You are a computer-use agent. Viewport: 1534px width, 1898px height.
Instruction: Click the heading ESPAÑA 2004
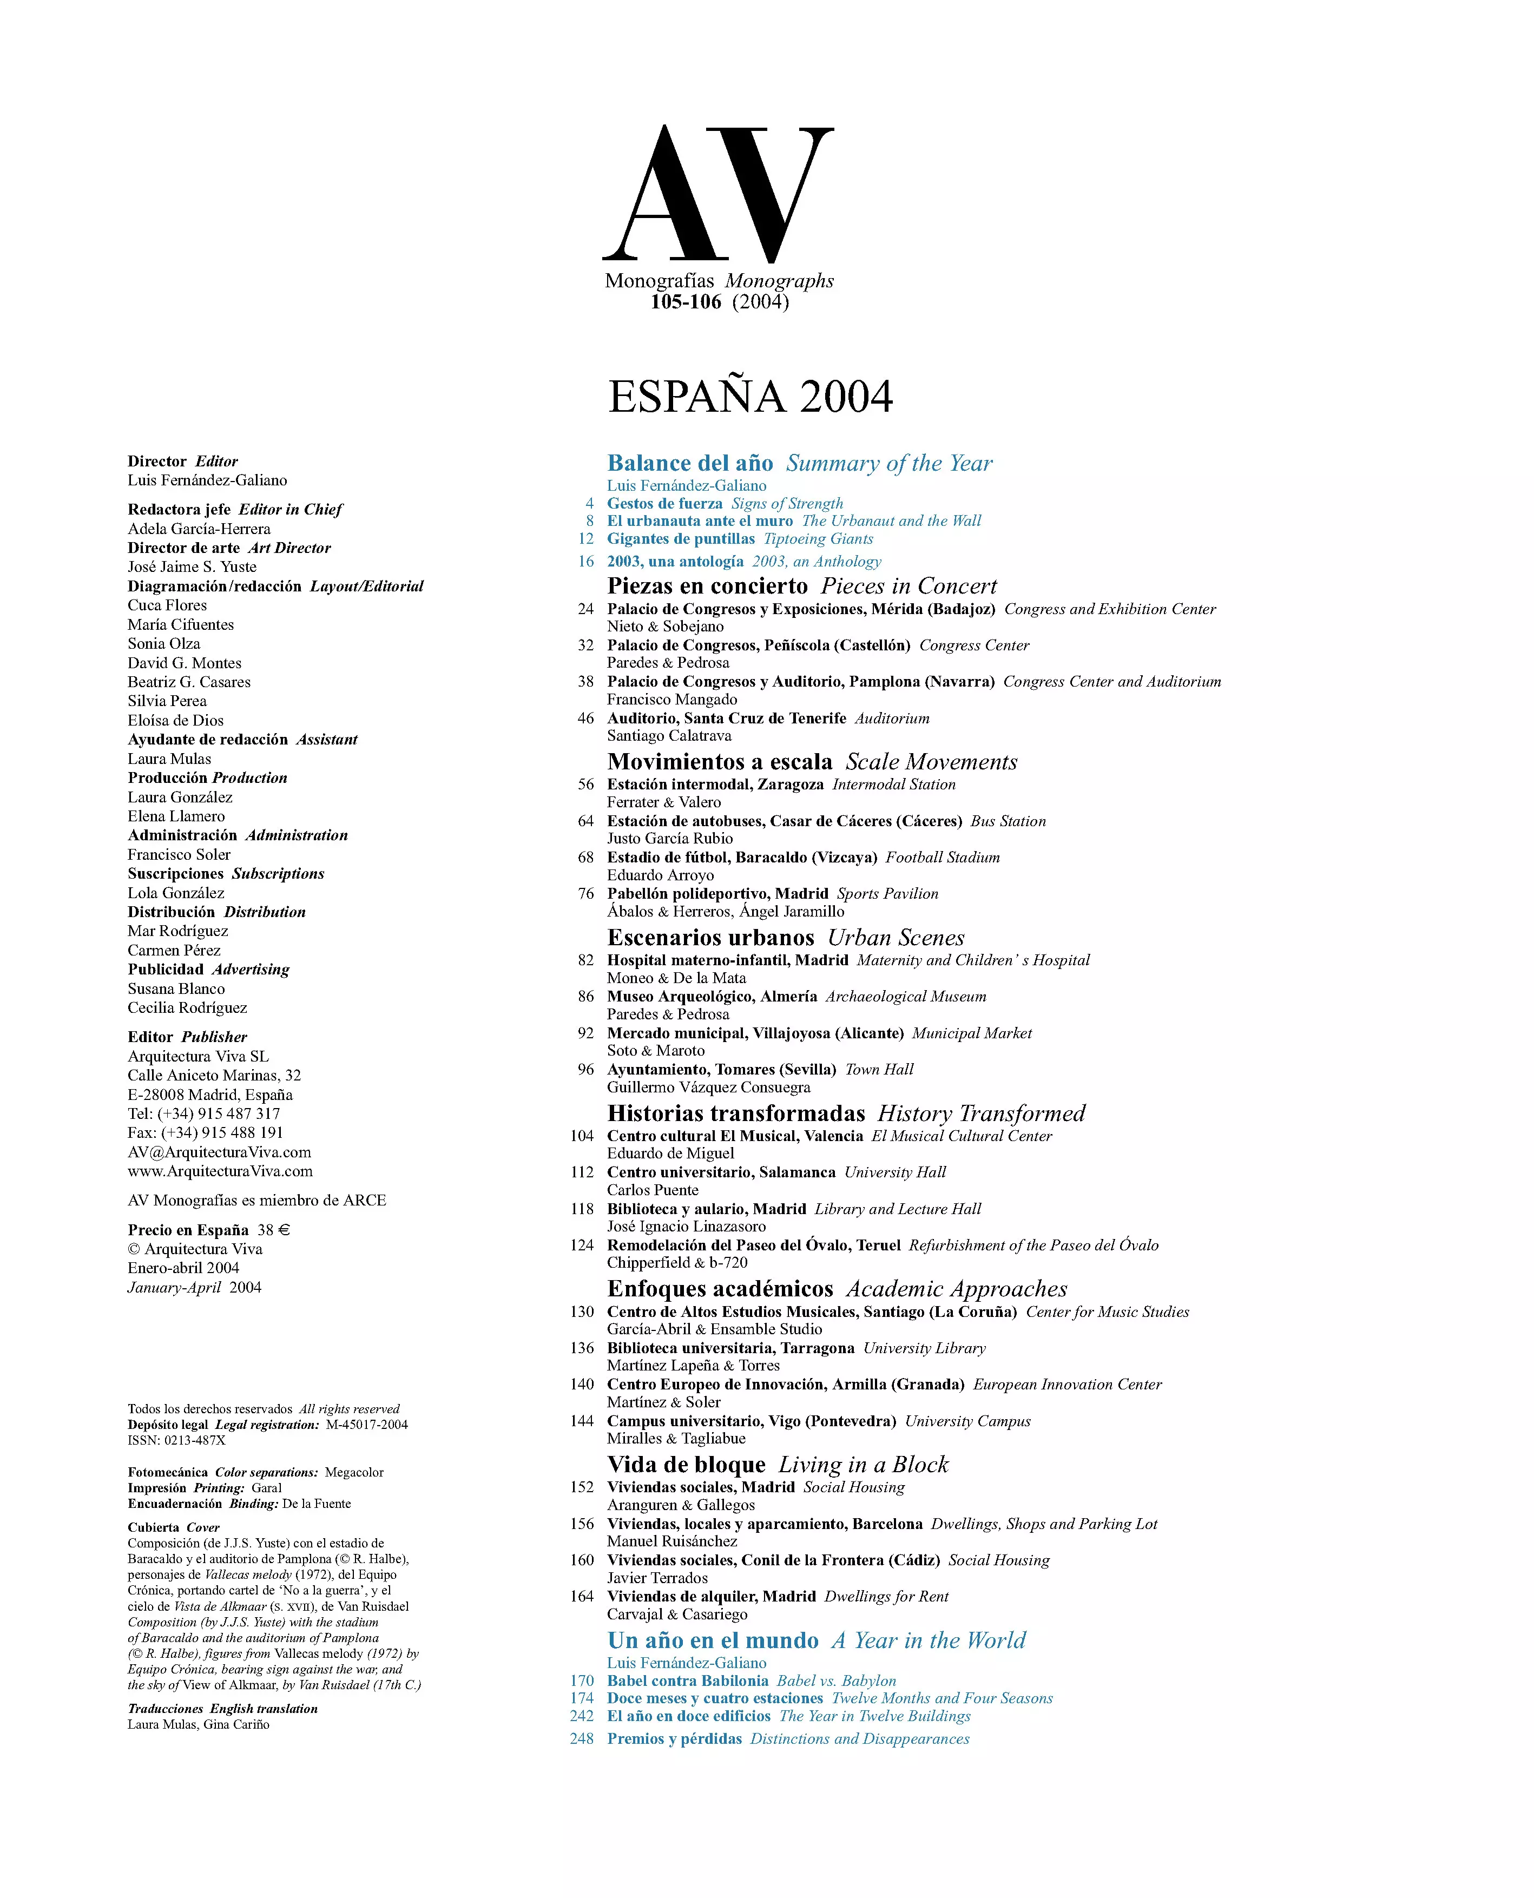coord(750,396)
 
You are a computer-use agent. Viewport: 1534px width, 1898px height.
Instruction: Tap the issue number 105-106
coord(686,302)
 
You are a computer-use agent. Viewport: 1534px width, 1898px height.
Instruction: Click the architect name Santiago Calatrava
coord(669,735)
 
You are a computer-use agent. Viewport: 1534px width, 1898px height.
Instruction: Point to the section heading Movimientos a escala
coord(719,762)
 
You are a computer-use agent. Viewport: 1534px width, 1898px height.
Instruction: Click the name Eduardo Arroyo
coord(660,875)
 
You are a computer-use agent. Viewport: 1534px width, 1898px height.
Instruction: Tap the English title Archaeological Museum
coord(906,997)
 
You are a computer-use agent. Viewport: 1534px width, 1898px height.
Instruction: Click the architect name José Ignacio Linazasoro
coord(686,1227)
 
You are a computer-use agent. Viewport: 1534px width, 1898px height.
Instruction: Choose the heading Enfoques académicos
coord(720,1289)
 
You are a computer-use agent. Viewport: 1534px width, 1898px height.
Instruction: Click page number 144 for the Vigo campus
coord(582,1421)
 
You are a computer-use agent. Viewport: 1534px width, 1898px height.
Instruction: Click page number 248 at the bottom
coord(582,1739)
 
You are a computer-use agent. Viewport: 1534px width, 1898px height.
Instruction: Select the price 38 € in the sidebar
coord(274,1230)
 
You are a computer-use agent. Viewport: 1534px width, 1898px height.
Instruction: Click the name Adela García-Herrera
coord(199,529)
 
